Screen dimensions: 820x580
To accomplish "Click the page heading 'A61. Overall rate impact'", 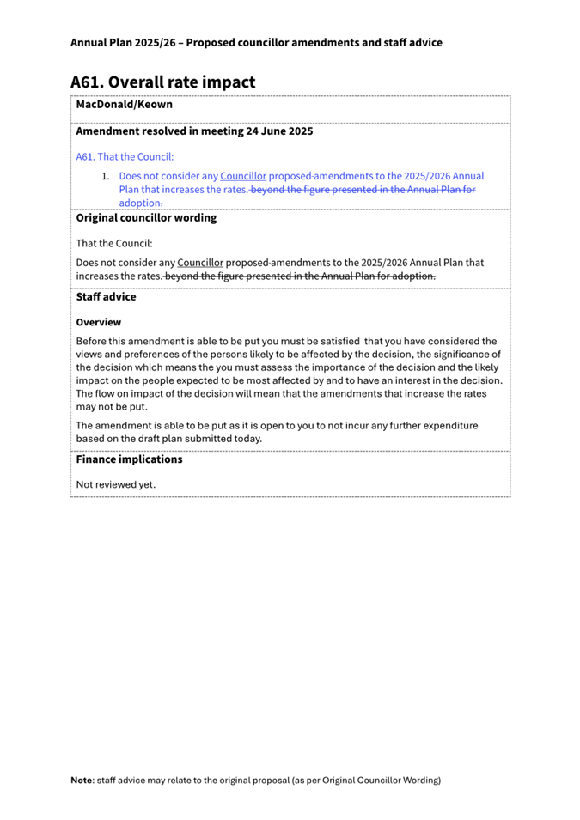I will coord(163,82).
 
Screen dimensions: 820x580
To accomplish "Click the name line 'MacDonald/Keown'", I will coord(124,105).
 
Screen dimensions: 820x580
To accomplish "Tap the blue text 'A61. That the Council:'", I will coord(125,156).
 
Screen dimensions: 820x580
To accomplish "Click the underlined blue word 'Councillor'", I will coord(243,176).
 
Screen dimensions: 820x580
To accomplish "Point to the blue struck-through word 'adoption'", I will coord(140,203).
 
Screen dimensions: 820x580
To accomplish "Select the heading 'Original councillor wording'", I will coord(146,218).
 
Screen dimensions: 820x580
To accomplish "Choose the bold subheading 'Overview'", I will coord(99,322).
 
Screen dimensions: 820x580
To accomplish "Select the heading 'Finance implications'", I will coord(129,459).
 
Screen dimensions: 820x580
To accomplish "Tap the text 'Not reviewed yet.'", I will coord(116,484).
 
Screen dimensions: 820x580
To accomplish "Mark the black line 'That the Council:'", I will coord(114,243).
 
